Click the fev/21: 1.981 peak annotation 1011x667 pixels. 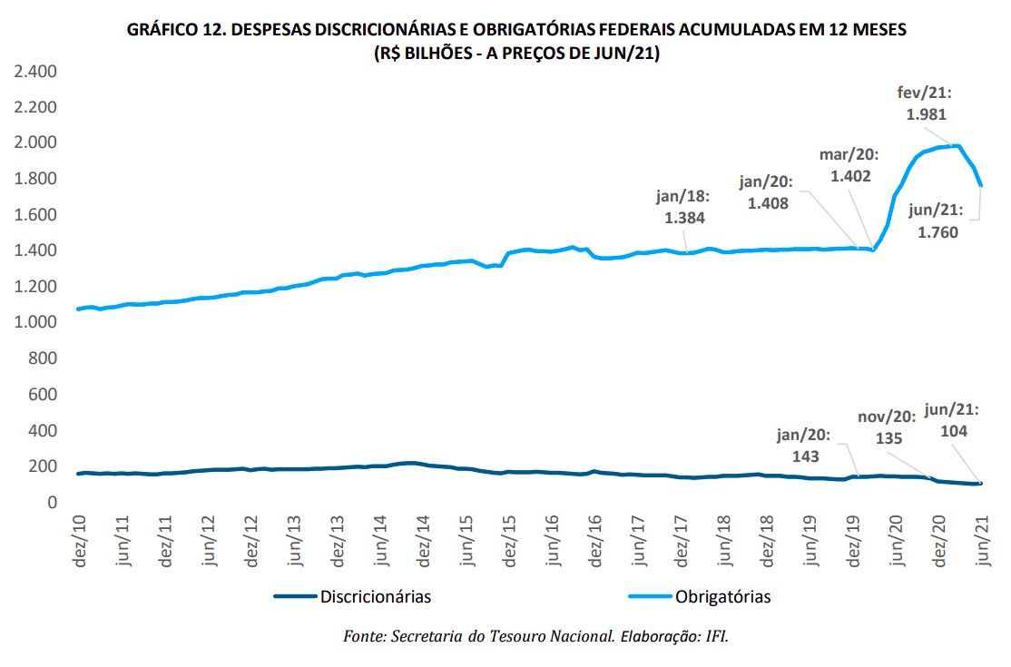click(x=921, y=103)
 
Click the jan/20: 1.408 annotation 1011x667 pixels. click(x=766, y=192)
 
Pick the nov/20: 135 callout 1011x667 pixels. click(x=888, y=427)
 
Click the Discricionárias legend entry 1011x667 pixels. click(x=375, y=596)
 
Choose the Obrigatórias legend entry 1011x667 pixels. click(x=722, y=596)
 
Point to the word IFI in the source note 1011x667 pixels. click(x=715, y=636)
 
